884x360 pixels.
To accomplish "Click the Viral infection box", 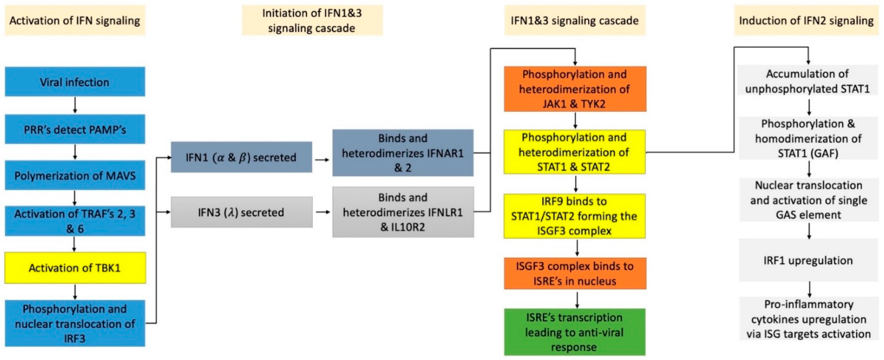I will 75,82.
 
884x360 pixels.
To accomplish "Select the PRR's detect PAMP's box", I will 75,129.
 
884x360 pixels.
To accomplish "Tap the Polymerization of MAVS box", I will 75,176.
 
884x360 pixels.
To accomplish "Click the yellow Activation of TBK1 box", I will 75,268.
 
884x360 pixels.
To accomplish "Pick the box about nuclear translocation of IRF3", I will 75,323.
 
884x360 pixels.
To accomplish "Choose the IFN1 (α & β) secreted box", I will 241,157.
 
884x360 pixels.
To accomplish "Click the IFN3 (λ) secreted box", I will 241,212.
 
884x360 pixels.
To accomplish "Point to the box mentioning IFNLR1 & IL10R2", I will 403,212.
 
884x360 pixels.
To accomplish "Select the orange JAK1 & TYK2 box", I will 575,89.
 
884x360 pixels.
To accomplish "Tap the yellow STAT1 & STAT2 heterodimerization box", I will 574,152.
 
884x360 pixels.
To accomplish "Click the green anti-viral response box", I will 574,332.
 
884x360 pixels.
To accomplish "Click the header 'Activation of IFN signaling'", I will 75,21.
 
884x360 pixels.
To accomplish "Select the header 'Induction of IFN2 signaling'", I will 806,21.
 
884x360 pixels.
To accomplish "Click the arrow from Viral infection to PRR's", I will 75,105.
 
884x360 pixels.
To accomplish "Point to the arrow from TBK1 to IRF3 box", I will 75,292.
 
